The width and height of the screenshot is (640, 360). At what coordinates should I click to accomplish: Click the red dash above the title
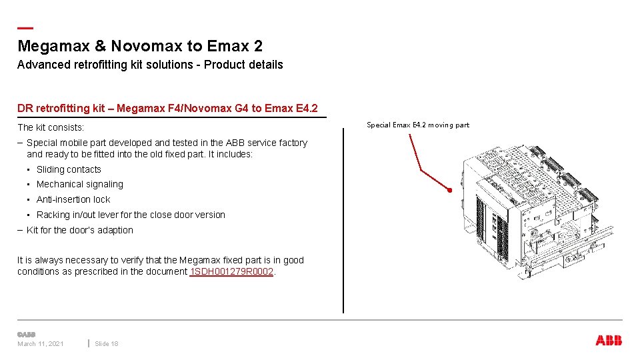pyautogui.click(x=25, y=28)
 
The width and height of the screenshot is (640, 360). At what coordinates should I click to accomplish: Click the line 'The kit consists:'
pyautogui.click(x=51, y=127)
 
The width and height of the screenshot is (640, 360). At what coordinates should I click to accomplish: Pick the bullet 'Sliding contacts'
pyautogui.click(x=69, y=169)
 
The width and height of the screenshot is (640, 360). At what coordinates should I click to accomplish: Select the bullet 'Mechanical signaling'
pyautogui.click(x=79, y=184)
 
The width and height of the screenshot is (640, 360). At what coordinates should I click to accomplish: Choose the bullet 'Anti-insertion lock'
pyautogui.click(x=73, y=199)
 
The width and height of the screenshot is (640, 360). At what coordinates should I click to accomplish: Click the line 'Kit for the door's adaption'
pyautogui.click(x=79, y=230)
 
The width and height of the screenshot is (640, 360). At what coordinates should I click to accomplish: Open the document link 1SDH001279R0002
pyautogui.click(x=231, y=272)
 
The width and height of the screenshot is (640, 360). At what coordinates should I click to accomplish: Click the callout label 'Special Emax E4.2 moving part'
pyautogui.click(x=418, y=125)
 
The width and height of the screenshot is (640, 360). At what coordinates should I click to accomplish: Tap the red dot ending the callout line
pyautogui.click(x=451, y=191)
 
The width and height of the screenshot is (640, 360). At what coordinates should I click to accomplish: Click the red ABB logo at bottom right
pyautogui.click(x=609, y=341)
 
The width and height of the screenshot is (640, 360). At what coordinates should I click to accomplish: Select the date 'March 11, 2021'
pyautogui.click(x=41, y=343)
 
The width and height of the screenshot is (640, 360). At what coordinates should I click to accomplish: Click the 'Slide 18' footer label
pyautogui.click(x=107, y=343)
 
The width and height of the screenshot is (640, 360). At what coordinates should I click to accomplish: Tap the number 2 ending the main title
pyautogui.click(x=258, y=47)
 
